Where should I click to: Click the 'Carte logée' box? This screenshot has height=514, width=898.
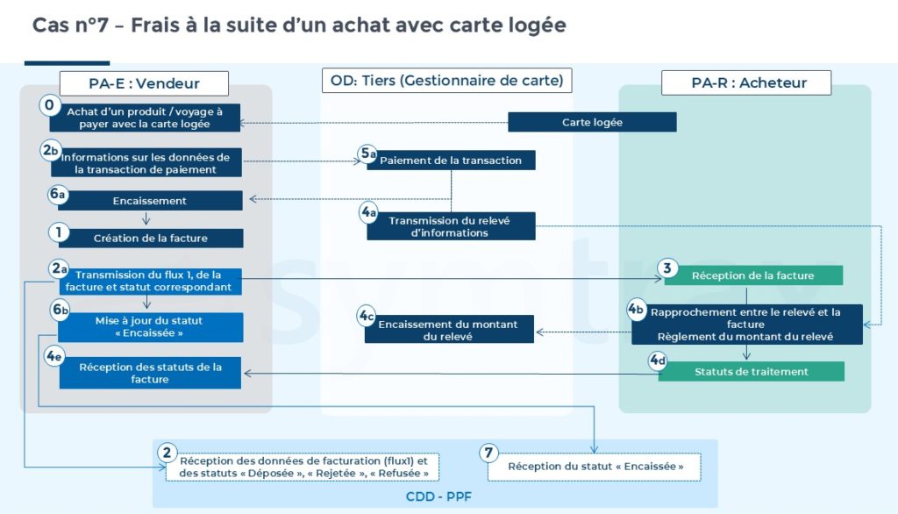(592, 122)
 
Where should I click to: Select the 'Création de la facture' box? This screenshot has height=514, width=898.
(150, 238)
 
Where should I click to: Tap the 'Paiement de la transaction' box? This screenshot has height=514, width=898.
(450, 161)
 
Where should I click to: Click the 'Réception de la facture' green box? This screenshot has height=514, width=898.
(752, 275)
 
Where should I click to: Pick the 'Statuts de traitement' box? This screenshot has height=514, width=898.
(751, 371)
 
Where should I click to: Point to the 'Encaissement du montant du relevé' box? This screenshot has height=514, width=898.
(447, 330)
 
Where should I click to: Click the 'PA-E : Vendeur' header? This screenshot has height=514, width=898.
(145, 83)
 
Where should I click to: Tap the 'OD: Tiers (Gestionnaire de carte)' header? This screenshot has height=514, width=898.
(447, 81)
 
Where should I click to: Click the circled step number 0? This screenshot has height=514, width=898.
(49, 105)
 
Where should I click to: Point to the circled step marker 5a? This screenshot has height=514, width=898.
(368, 153)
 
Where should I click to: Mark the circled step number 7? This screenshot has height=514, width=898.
(489, 453)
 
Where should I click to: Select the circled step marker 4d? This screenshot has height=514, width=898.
(658, 360)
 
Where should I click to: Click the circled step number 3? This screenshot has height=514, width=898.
(667, 267)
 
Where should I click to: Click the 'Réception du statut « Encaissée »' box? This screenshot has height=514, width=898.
(595, 466)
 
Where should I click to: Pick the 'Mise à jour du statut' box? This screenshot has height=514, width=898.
(150, 326)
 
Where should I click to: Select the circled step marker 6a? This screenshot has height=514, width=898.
(58, 194)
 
